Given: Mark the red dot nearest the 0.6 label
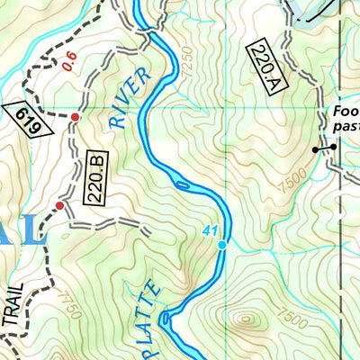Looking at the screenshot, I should [75, 118].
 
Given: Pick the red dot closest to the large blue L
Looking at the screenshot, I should [60, 206].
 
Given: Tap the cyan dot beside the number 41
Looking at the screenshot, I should [221, 244].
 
